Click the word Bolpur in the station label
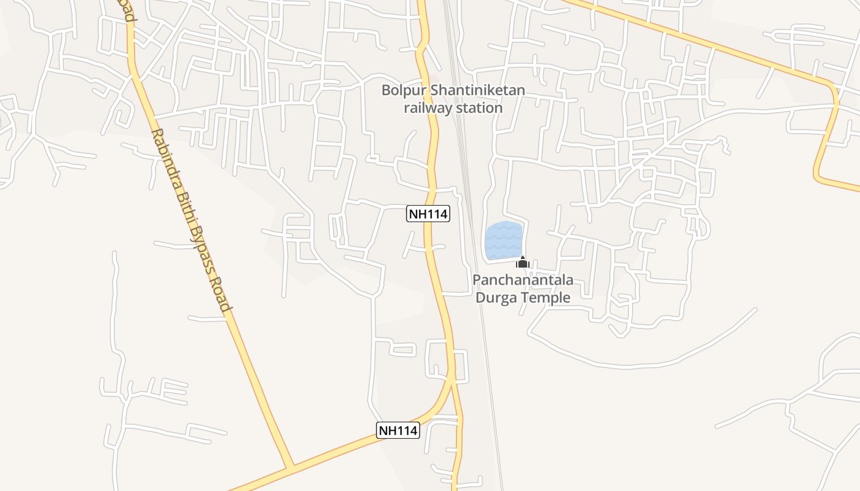coord(404,91)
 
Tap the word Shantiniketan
coord(477,91)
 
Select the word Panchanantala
coord(523,280)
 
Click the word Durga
coord(496,298)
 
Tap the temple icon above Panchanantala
coord(523,263)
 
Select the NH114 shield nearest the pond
coord(428,214)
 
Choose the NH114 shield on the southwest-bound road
coord(398,430)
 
